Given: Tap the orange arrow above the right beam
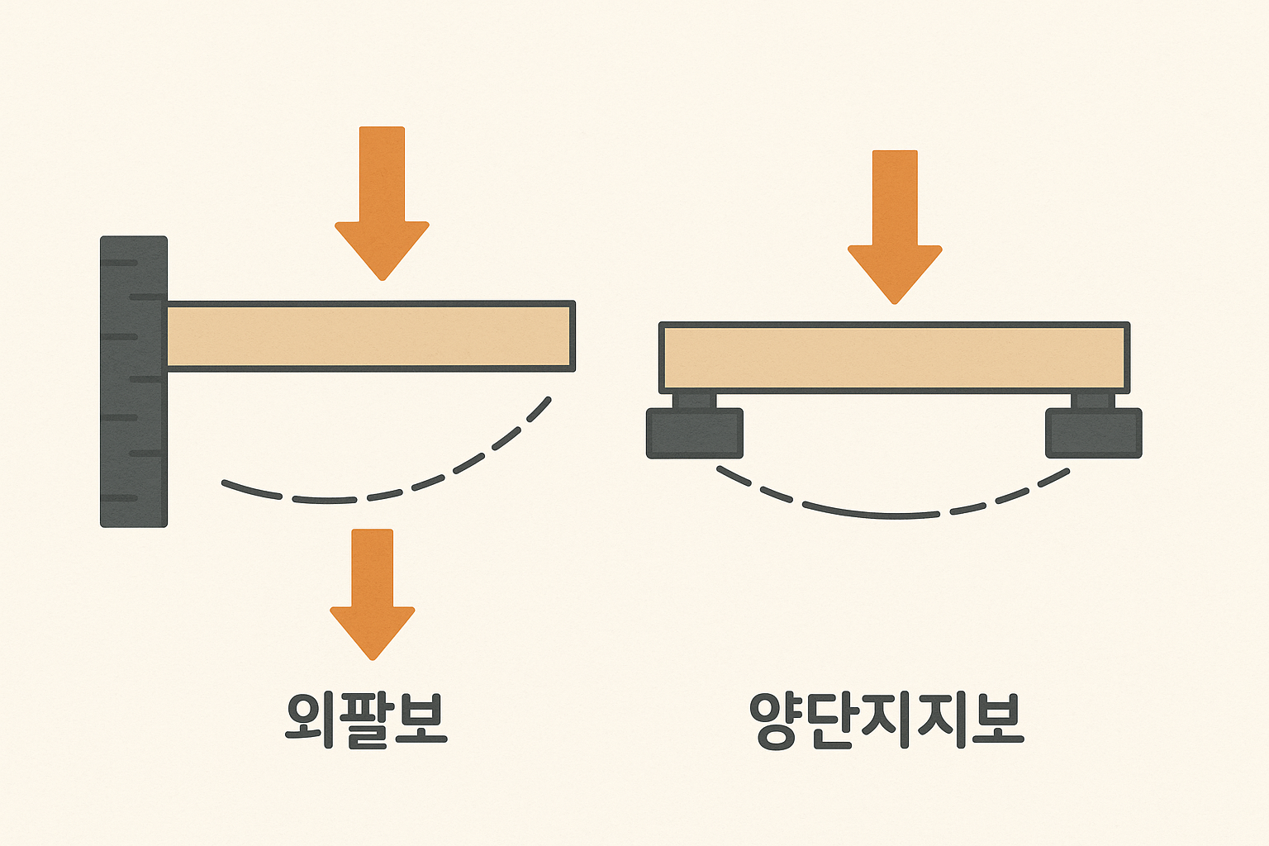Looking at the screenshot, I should coord(895,223).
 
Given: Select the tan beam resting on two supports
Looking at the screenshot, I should coord(894,358).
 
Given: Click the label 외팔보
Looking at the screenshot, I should coord(366,719).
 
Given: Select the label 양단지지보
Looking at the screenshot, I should coord(886,719).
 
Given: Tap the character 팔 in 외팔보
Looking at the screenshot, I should coord(366,719).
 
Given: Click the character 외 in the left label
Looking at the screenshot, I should coord(310,719).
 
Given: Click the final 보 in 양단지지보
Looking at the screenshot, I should coord(996,719).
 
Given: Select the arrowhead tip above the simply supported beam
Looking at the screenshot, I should coord(895,299).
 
